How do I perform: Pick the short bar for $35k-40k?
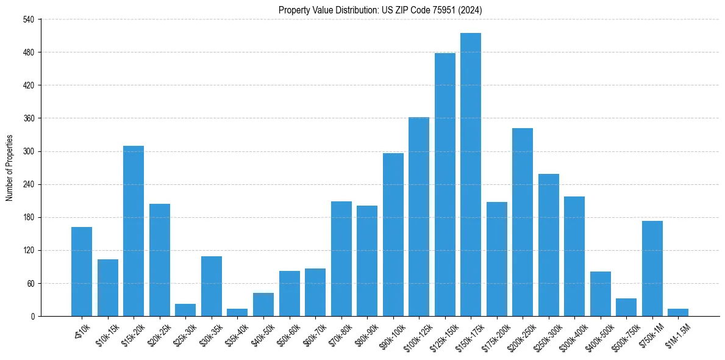tap(237, 312)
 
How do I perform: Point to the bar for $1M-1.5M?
tap(678, 312)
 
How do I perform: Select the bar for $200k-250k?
tap(523, 222)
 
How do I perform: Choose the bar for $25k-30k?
tap(185, 310)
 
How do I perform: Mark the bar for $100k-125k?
tap(419, 217)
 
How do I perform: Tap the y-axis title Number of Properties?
tap(9, 168)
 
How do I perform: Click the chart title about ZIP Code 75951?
tap(380, 10)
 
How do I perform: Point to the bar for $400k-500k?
tap(601, 294)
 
